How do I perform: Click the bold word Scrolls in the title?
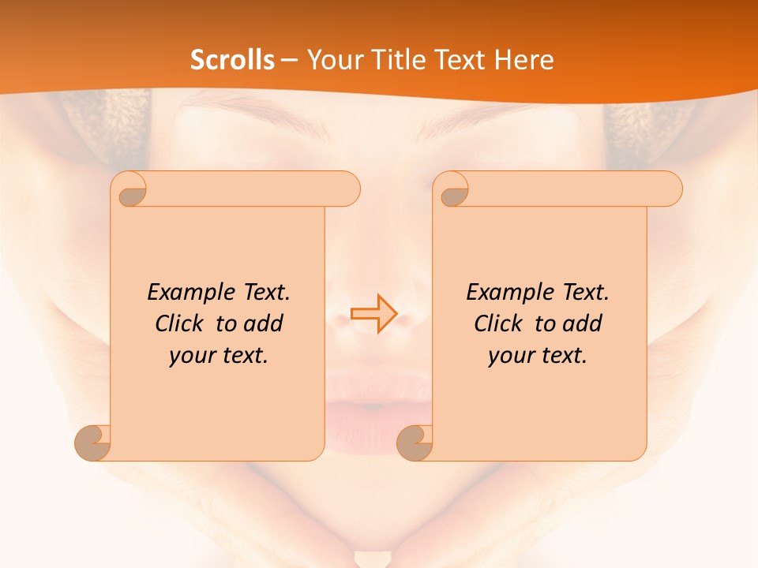point(232,60)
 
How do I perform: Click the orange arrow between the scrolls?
point(373,313)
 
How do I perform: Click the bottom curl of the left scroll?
point(93,442)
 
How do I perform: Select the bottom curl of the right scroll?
point(415,442)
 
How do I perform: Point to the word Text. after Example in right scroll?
point(585,293)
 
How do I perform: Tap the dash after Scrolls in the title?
point(288,60)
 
